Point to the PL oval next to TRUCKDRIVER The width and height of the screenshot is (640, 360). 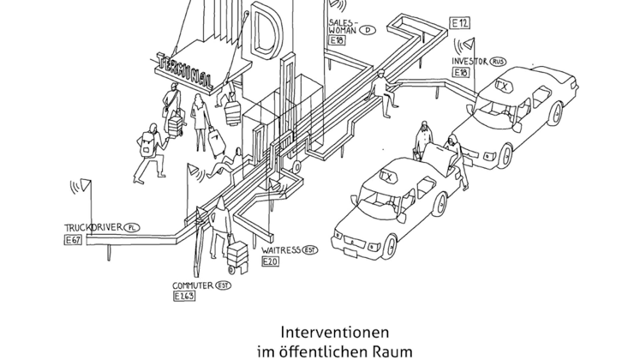131,228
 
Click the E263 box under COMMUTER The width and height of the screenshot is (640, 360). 184,296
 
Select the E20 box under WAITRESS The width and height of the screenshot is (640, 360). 270,261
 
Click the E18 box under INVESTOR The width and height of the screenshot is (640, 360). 460,74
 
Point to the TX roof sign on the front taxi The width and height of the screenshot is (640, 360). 386,177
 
